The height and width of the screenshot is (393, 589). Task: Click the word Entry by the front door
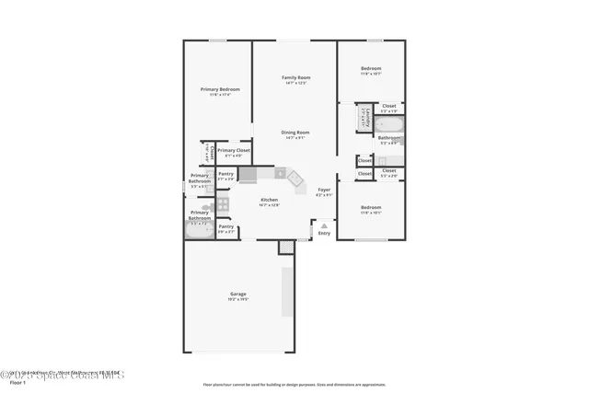324,233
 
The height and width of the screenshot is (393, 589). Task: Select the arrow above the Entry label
324,224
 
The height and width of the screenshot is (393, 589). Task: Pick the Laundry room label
365,118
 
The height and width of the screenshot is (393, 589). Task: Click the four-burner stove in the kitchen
223,203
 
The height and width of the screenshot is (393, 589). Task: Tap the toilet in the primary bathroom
208,208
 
